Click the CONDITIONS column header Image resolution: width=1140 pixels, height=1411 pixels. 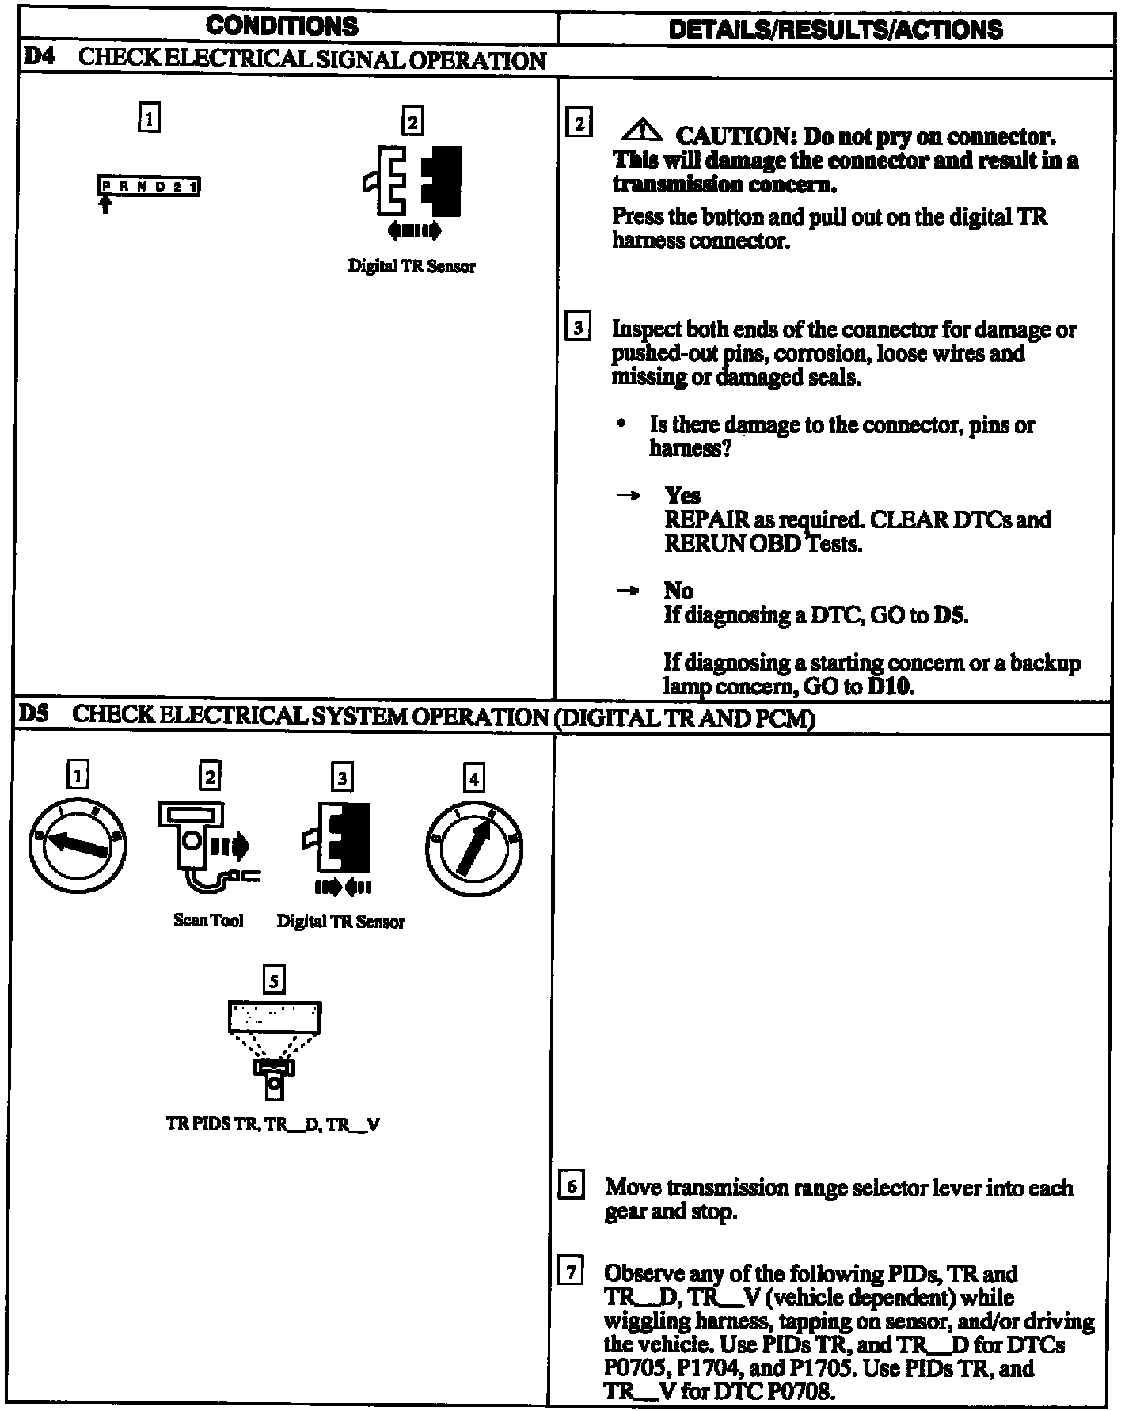282,26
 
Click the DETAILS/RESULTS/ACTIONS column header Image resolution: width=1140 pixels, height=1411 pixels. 836,29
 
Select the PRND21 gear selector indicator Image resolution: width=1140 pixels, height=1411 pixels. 149,187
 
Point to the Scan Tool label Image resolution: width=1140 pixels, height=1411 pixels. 208,920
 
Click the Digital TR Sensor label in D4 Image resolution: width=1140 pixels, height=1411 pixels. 412,266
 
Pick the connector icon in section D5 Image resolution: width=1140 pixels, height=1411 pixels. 340,839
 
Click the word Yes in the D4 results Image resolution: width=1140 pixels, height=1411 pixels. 682,496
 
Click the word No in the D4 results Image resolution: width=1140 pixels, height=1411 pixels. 678,591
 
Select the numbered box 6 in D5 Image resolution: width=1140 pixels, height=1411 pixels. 572,1188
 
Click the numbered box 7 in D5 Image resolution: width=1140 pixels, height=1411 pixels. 572,1273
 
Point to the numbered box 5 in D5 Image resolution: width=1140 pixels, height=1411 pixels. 273,981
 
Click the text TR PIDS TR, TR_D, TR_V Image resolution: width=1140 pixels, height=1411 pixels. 273,1125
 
